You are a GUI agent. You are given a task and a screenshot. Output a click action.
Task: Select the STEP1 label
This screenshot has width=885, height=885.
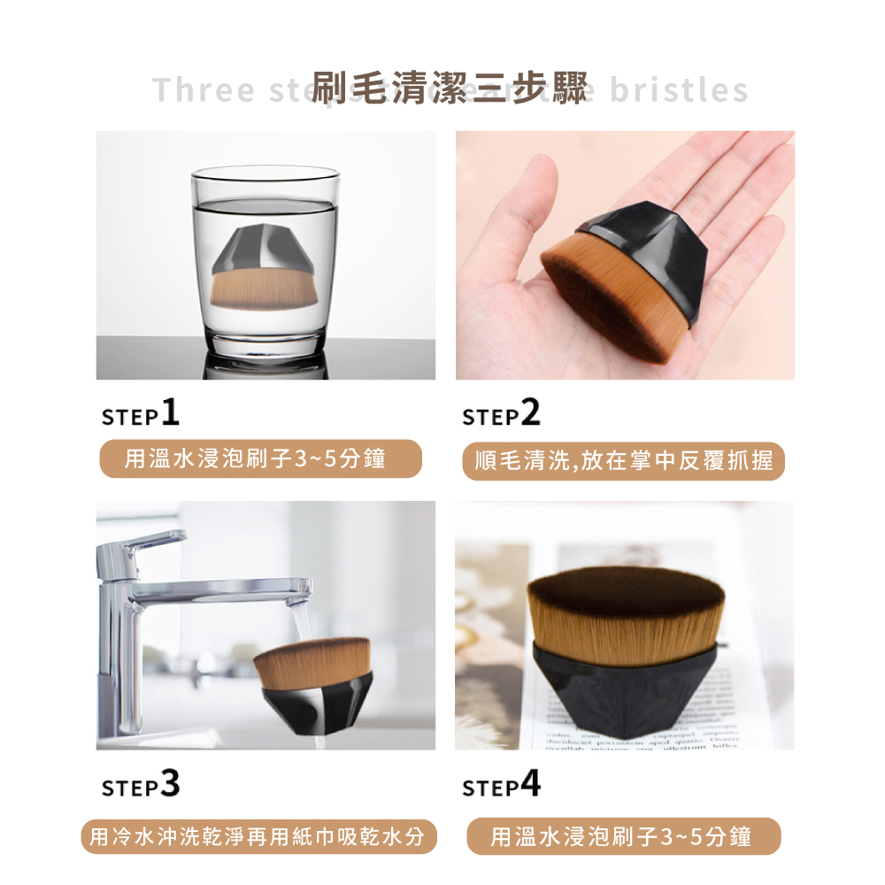141,413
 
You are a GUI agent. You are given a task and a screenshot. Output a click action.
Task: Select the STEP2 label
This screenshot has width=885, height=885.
501,413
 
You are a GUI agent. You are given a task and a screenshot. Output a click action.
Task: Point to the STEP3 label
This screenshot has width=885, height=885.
141,784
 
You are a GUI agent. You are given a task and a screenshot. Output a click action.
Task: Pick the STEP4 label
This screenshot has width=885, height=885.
501,784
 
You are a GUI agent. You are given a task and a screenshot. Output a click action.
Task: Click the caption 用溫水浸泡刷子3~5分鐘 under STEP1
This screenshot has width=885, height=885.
260,459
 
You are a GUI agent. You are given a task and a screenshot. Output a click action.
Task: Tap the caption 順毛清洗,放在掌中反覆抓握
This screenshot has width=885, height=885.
623,461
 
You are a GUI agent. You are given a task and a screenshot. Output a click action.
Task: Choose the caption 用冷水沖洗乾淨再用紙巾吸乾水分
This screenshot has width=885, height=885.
259,835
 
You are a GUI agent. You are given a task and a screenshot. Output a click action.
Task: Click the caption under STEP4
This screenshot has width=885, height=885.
623,835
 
